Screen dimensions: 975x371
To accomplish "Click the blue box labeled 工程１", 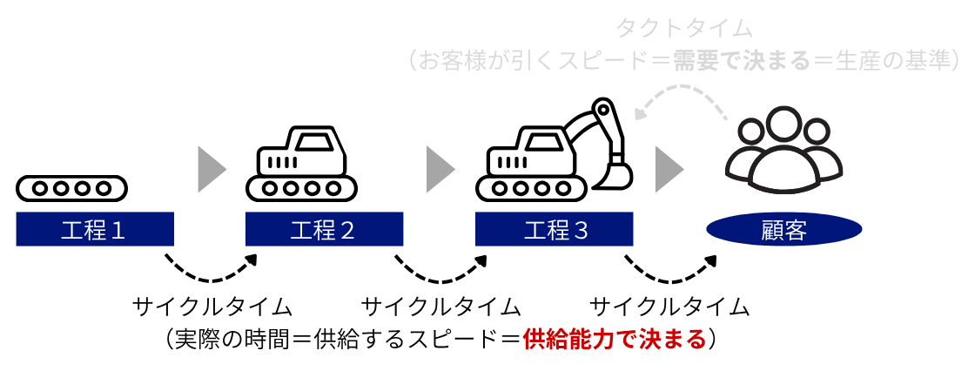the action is pyautogui.click(x=95, y=229).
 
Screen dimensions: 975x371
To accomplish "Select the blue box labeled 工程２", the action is pyautogui.click(x=324, y=229).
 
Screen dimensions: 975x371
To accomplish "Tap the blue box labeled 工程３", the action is pyautogui.click(x=554, y=229).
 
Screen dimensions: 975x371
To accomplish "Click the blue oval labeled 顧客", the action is pyautogui.click(x=784, y=229).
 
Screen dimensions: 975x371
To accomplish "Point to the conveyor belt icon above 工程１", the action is pyautogui.click(x=71, y=188).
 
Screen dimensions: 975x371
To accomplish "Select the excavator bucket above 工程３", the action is pyautogui.click(x=614, y=176).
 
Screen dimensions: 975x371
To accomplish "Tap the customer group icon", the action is pyautogui.click(x=784, y=151).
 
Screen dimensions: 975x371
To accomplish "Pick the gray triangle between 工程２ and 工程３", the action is pyautogui.click(x=440, y=169).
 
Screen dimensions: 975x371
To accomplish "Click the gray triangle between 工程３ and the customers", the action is pyautogui.click(x=669, y=169).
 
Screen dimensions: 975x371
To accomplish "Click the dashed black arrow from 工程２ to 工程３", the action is pyautogui.click(x=440, y=279).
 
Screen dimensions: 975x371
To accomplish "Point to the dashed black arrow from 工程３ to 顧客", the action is pyautogui.click(x=670, y=279).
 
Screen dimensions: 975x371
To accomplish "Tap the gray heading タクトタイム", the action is pyautogui.click(x=684, y=28).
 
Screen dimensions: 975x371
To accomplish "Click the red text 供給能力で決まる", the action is pyautogui.click(x=615, y=340).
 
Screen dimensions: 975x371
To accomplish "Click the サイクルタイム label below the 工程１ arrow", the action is pyautogui.click(x=212, y=307).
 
